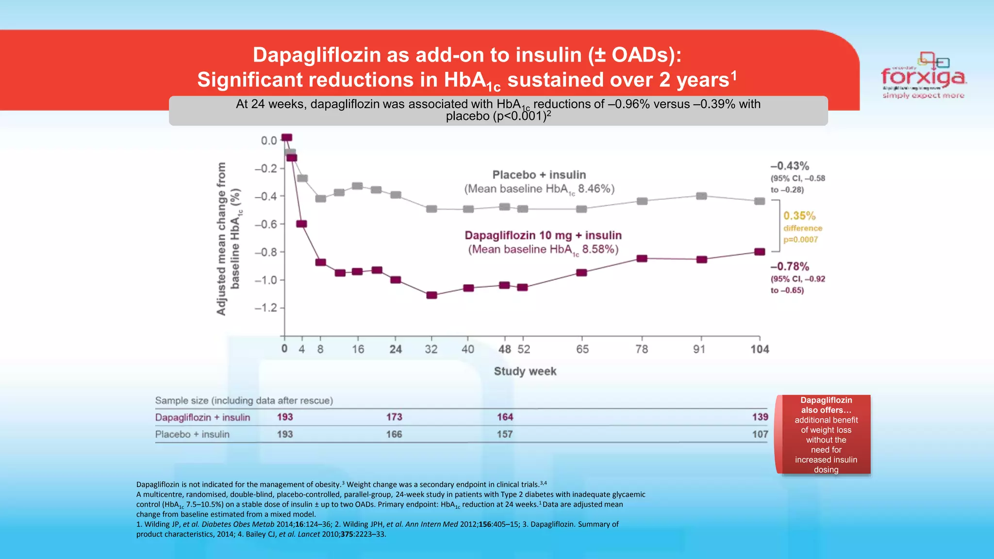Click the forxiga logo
click(x=923, y=77)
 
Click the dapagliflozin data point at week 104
click(x=760, y=252)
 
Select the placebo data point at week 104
click(x=760, y=201)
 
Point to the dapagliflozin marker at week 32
click(x=431, y=295)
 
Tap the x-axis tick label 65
click(x=582, y=349)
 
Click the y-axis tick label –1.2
click(x=265, y=308)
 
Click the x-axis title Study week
click(x=525, y=371)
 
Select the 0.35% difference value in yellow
click(x=799, y=216)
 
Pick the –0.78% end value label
click(x=790, y=266)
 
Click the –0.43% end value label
click(x=790, y=166)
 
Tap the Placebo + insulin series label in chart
click(x=539, y=175)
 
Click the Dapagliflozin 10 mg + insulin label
click(x=543, y=235)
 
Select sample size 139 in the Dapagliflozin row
click(x=760, y=417)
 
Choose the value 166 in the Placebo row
click(x=394, y=434)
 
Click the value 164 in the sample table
click(x=505, y=417)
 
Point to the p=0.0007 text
click(x=800, y=240)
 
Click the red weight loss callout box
click(x=826, y=434)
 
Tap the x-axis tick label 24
click(x=396, y=349)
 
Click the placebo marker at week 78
click(x=642, y=201)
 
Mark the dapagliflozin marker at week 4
click(x=301, y=224)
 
